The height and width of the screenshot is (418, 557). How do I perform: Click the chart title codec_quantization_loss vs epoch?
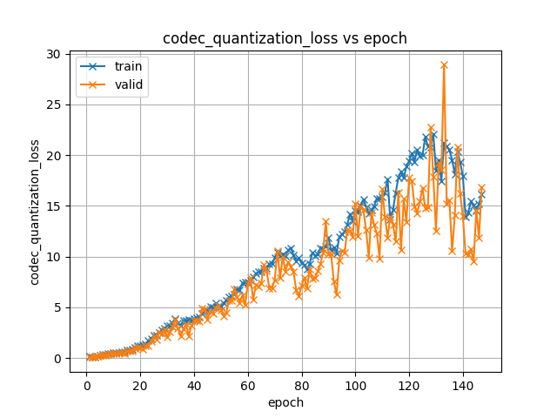285,38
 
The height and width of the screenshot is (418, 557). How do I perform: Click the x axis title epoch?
285,402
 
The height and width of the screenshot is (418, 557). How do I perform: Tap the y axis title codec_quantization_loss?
35,212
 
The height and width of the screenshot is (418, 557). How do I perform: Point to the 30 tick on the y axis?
54,54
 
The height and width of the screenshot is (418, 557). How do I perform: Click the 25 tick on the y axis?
54,104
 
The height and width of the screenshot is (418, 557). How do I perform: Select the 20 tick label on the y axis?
54,155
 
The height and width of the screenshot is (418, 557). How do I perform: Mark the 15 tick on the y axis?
54,206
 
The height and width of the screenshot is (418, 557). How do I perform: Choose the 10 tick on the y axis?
54,257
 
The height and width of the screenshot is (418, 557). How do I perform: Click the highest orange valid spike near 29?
444,65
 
